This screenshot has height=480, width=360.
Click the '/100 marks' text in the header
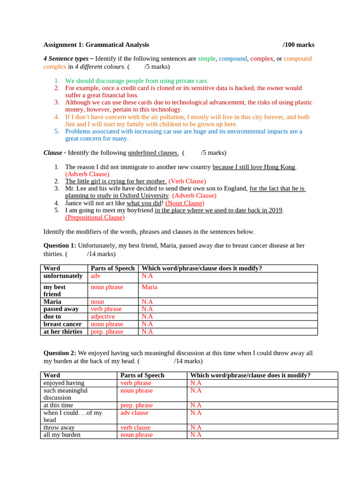tap(298, 45)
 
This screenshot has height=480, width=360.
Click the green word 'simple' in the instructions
tap(206, 59)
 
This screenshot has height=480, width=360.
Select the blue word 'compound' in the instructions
tap(232, 59)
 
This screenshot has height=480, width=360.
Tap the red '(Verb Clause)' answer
tap(187, 181)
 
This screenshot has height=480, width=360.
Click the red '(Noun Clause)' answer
tap(185, 203)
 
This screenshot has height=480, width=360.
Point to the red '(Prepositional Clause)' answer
tap(95, 217)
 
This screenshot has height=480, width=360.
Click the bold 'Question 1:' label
tap(60, 246)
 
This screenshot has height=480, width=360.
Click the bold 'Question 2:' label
tap(60, 353)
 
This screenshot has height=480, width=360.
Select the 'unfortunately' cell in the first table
tap(63, 276)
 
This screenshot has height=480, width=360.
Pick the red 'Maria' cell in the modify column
tap(150, 287)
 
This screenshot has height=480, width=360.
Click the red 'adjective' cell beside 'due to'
tap(103, 316)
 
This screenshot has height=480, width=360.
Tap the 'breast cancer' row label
tap(62, 324)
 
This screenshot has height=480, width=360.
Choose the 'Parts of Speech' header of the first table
tap(112, 269)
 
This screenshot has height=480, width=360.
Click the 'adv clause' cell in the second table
tap(134, 413)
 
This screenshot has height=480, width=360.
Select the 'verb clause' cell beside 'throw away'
tap(135, 427)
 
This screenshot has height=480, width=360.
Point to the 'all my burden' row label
tap(62, 435)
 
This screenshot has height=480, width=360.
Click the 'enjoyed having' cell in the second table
tap(64, 383)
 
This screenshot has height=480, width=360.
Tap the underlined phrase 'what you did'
tap(144, 203)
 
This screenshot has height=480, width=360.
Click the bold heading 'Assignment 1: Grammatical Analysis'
tap(96, 45)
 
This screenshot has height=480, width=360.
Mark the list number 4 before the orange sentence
tap(56, 117)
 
